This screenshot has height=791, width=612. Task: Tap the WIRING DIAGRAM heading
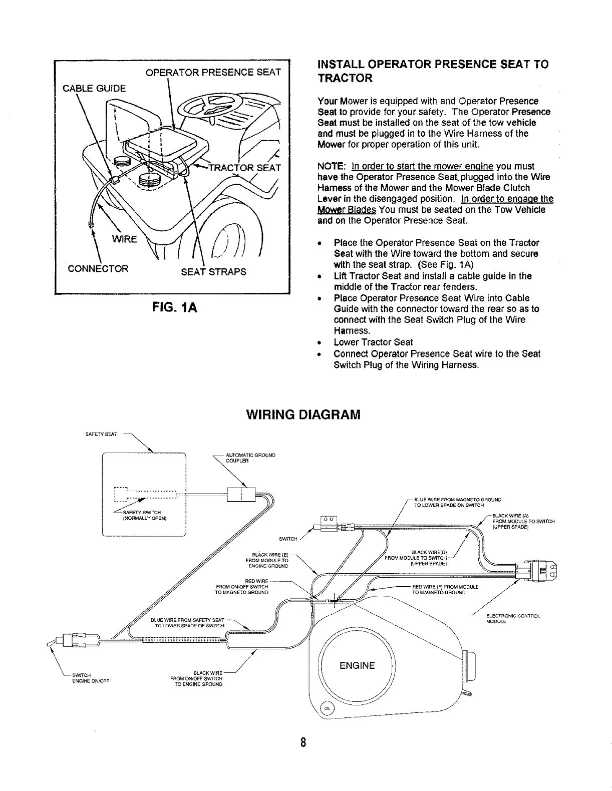303,415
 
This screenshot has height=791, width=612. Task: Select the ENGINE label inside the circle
357,665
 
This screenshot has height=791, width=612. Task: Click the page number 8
303,741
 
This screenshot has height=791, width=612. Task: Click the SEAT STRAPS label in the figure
213,272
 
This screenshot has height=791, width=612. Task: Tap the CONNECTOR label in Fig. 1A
98,268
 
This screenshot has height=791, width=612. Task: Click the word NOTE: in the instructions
331,166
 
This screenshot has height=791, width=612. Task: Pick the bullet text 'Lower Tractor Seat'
373,342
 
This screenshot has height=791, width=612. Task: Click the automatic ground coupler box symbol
241,495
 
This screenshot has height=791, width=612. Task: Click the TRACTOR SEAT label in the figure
245,168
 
